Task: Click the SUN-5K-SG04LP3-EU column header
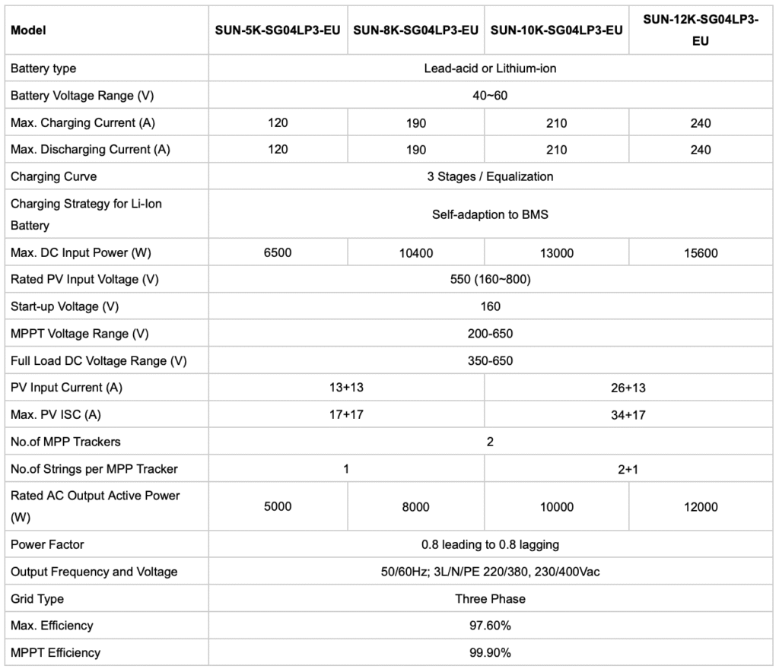pos(278,30)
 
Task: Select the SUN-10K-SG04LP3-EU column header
pos(557,30)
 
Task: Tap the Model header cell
pos(29,30)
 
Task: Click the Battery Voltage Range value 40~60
pos(490,96)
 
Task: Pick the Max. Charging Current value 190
pos(416,123)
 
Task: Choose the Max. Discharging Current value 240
pos(700,150)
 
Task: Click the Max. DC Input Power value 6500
pos(278,253)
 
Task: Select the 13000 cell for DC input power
pos(557,253)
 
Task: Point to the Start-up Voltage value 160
pos(490,306)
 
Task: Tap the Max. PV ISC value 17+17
pos(346,414)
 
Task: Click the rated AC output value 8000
pos(416,507)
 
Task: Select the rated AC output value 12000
pos(700,507)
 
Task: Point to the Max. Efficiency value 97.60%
pos(490,626)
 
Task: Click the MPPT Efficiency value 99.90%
pos(490,653)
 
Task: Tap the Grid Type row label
pos(37,599)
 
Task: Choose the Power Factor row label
pos(47,544)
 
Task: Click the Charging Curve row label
pos(53,176)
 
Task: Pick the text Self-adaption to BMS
pos(490,214)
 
